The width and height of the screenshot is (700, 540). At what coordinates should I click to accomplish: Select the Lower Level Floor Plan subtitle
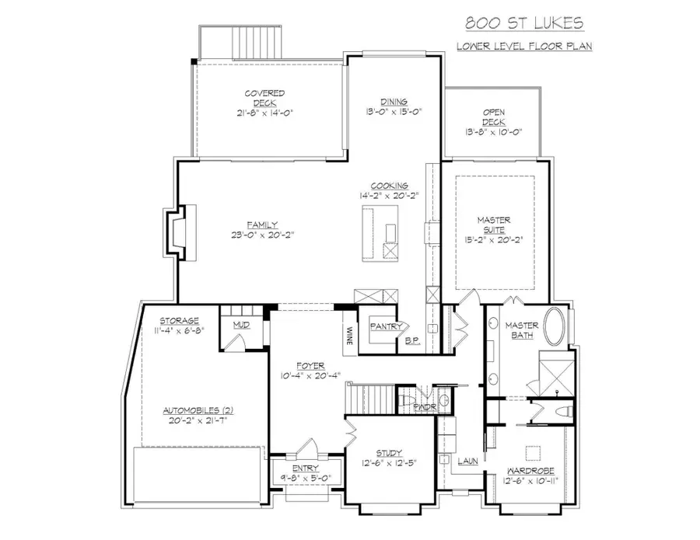(524, 47)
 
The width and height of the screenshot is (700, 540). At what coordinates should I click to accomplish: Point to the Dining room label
(394, 102)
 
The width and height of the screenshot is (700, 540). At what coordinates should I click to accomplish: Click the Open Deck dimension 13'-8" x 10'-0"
(493, 133)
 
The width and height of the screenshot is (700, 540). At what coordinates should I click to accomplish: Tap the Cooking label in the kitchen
(389, 186)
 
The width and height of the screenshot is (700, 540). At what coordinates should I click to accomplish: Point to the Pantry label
(385, 327)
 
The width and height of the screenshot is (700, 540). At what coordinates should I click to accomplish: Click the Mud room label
(241, 324)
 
